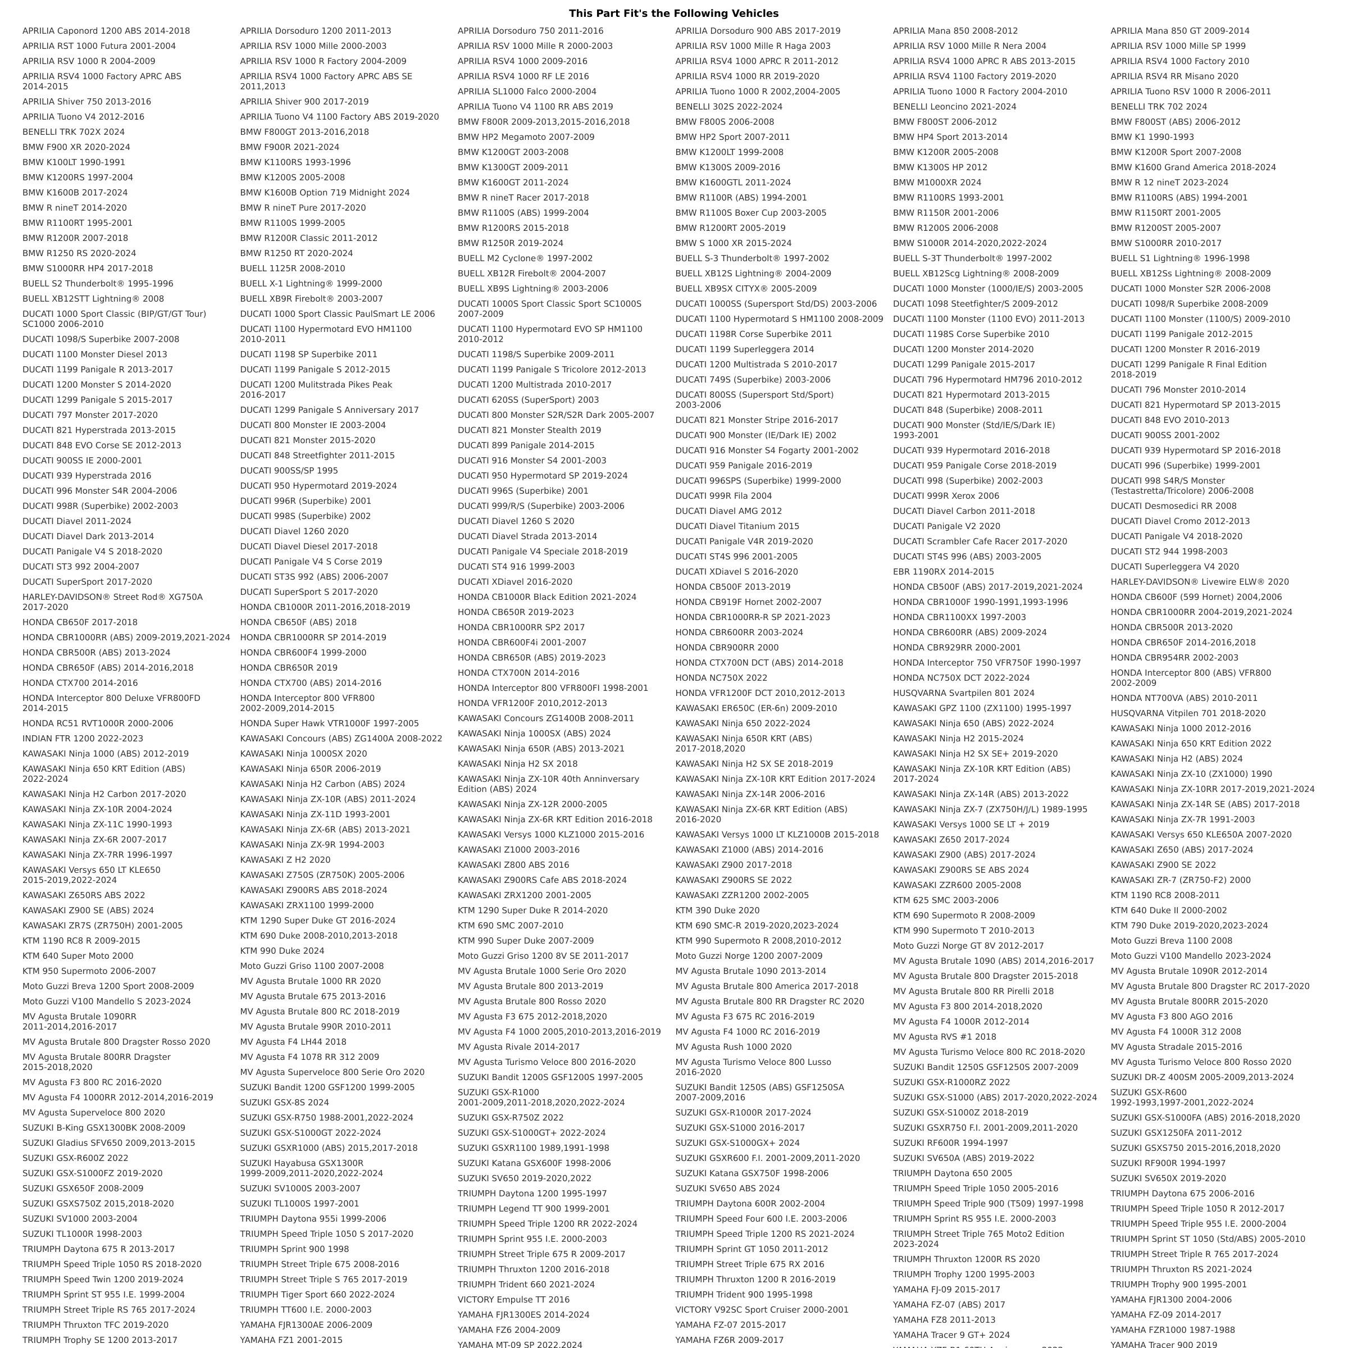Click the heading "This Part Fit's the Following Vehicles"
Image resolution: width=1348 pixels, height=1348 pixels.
click(x=673, y=13)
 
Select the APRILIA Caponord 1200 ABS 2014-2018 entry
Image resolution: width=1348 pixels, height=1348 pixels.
click(x=106, y=31)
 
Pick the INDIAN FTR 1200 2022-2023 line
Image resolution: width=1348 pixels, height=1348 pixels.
click(x=83, y=738)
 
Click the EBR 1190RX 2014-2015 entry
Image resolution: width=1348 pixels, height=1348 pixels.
click(x=944, y=571)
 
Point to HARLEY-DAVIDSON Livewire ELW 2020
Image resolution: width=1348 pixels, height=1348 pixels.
click(x=1199, y=581)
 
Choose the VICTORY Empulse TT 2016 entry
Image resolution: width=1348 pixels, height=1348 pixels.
click(x=513, y=1299)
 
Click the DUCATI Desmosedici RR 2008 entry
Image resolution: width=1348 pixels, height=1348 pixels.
click(x=1173, y=506)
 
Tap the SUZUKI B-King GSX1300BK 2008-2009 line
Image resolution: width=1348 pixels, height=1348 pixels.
click(x=104, y=1127)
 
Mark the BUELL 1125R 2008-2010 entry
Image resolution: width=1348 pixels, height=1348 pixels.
click(x=292, y=268)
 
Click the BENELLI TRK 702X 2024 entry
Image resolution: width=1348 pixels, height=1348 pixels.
click(x=73, y=132)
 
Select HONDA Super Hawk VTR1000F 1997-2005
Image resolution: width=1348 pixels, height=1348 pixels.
click(x=329, y=723)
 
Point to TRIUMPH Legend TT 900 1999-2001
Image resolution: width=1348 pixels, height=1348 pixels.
click(x=534, y=1209)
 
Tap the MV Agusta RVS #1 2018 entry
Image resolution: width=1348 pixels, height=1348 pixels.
click(x=944, y=1037)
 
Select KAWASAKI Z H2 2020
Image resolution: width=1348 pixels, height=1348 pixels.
click(x=285, y=859)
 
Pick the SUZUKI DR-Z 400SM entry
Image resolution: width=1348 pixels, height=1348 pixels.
click(x=1201, y=1077)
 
